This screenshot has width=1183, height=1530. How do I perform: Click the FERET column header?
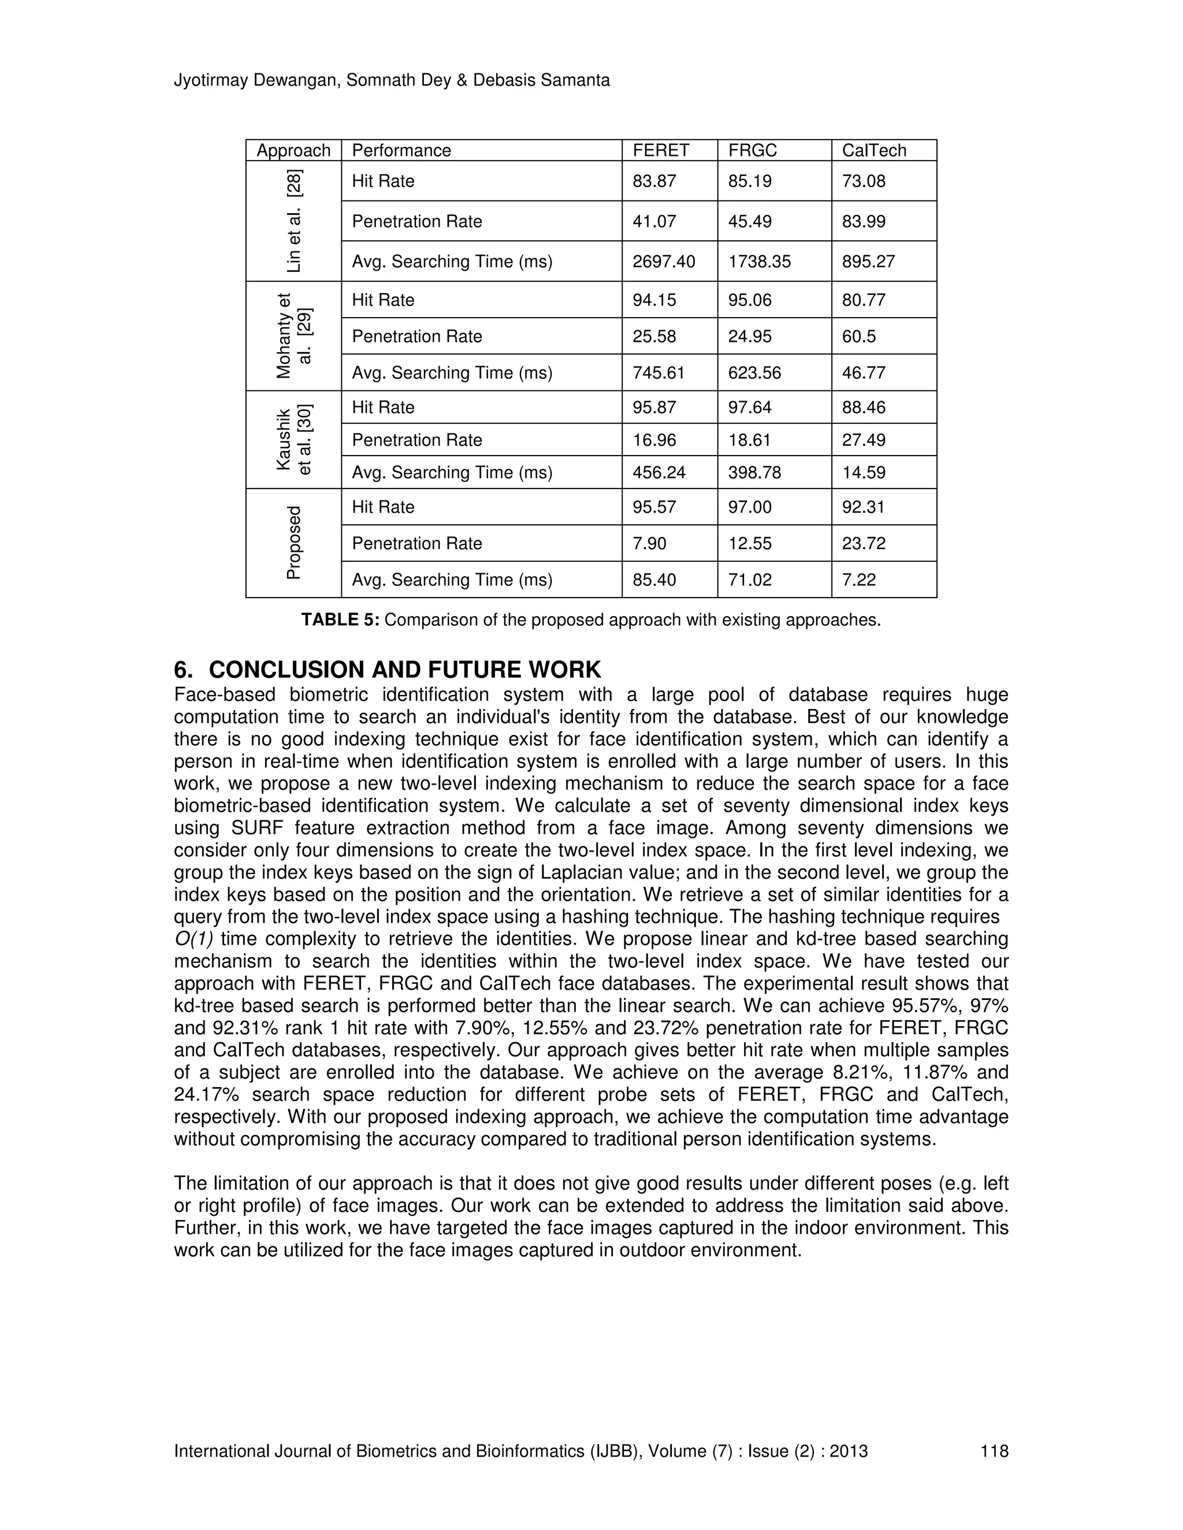660,151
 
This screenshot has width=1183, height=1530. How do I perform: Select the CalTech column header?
873,151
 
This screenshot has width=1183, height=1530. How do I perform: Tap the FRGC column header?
752,151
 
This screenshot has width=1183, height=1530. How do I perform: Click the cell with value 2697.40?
663,262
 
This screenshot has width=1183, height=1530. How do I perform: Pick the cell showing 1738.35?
759,262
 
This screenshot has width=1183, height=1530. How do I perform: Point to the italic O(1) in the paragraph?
194,939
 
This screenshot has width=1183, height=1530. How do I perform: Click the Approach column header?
293,151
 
